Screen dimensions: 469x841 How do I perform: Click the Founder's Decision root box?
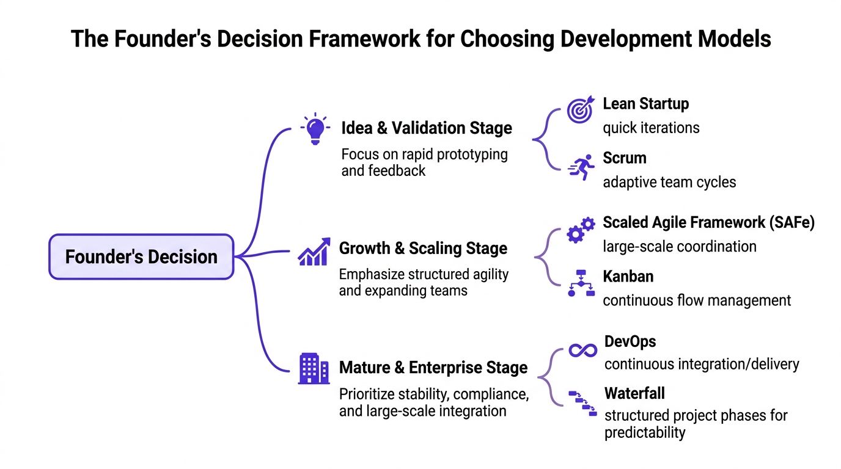141,256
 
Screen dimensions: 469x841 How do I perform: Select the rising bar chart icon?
314,252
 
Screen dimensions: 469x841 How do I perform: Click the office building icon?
314,369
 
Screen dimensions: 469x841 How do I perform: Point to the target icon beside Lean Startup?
579,111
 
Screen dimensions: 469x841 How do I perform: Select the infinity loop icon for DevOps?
582,350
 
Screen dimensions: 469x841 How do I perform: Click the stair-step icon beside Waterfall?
582,402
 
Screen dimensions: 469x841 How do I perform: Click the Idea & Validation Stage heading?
426,128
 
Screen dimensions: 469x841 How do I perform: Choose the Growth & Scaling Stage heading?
423,249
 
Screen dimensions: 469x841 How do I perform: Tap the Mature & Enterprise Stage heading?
433,368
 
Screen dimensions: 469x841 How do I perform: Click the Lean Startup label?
645,104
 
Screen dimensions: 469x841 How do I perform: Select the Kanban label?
628,276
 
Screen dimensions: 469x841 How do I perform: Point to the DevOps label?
630,341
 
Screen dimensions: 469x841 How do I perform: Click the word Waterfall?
634,393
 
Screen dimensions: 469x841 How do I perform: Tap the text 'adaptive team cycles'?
669,182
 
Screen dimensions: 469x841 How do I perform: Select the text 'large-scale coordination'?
679,246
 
